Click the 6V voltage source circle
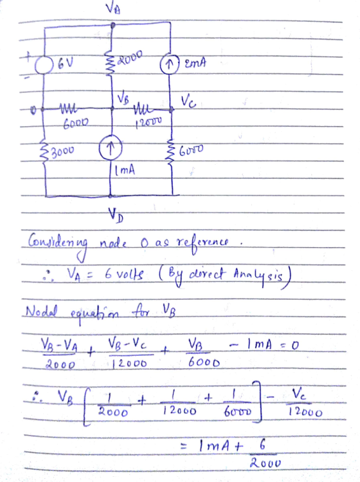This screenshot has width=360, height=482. click(x=44, y=66)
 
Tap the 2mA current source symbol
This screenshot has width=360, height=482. click(x=169, y=66)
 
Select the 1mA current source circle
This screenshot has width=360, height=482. click(x=111, y=149)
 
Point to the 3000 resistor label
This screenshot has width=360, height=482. click(x=62, y=151)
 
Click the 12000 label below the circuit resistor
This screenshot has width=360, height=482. click(x=148, y=122)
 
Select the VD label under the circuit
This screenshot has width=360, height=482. click(x=116, y=214)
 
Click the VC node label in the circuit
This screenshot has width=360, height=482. click(x=188, y=101)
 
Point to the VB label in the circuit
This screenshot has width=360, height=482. click(x=123, y=98)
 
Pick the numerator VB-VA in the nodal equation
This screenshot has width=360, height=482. click(x=59, y=345)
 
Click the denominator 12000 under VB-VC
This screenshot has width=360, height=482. click(x=129, y=364)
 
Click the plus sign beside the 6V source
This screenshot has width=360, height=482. click(x=28, y=56)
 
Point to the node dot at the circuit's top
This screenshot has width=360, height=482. click(x=113, y=25)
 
